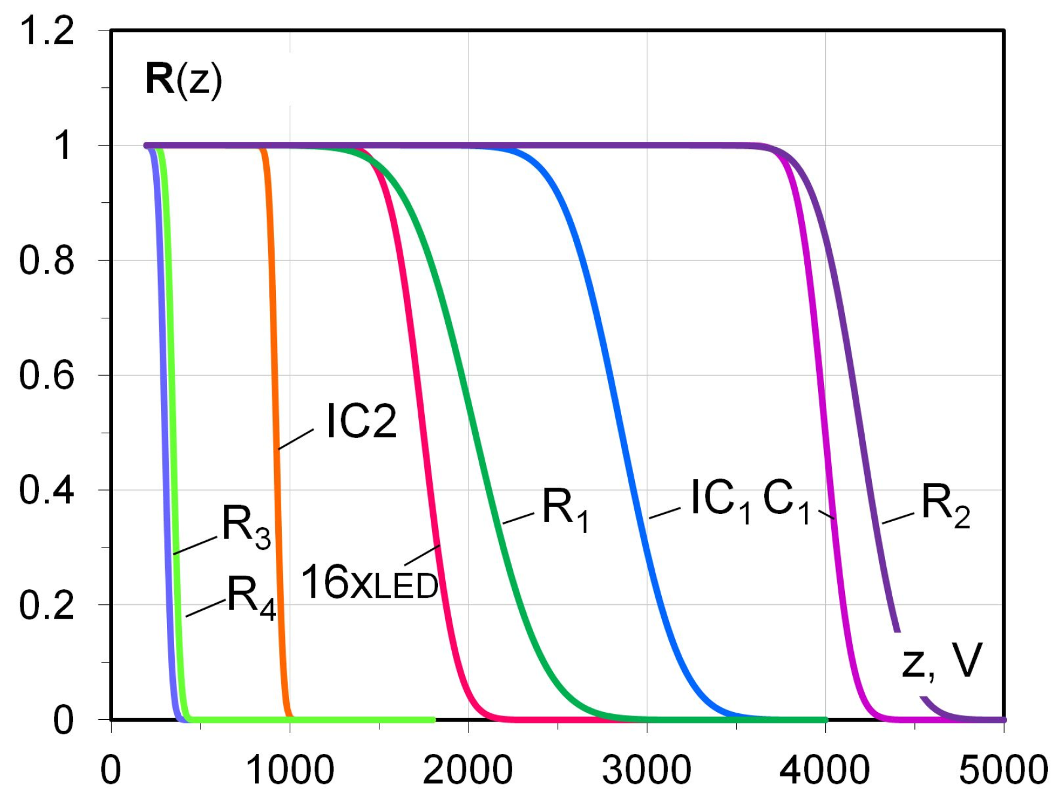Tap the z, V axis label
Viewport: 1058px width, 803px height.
[x=941, y=662]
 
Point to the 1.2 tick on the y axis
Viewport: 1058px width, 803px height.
[x=47, y=31]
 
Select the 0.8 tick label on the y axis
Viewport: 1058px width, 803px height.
[x=47, y=260]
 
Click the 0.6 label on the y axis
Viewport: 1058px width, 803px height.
[x=47, y=375]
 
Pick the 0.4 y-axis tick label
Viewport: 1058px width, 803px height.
[x=47, y=490]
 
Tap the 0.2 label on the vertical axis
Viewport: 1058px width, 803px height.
[x=47, y=605]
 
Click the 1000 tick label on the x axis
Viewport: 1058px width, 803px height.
[x=290, y=770]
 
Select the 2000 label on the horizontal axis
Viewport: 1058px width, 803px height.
[x=467, y=770]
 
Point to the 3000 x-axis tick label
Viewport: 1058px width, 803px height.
[x=646, y=770]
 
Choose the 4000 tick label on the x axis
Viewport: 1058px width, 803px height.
[x=825, y=770]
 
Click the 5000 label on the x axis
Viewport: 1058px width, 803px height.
[x=1003, y=770]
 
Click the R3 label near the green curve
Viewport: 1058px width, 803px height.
[x=246, y=527]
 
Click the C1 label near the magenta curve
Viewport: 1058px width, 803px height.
[x=786, y=501]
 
